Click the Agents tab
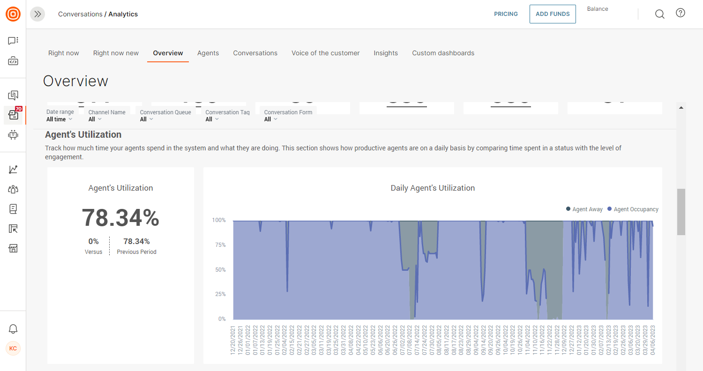[x=208, y=53]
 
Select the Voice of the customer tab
[x=325, y=53]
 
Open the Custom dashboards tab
[x=443, y=53]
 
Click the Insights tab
[x=386, y=53]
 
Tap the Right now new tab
[x=116, y=53]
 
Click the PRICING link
[x=506, y=14]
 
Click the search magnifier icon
[x=659, y=14]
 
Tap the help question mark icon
[x=681, y=13]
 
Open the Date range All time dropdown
[x=60, y=119]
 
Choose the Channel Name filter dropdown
[x=95, y=119]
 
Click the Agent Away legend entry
[x=584, y=209]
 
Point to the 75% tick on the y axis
[x=219, y=245]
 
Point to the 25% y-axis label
[x=219, y=294]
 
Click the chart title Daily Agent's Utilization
[x=433, y=188]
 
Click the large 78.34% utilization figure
[x=120, y=218]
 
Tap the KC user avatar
[x=13, y=349]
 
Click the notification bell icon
[x=13, y=329]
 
